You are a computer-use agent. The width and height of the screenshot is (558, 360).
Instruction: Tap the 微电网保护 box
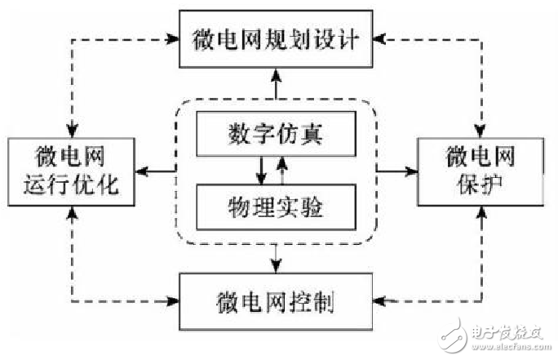[480, 171]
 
